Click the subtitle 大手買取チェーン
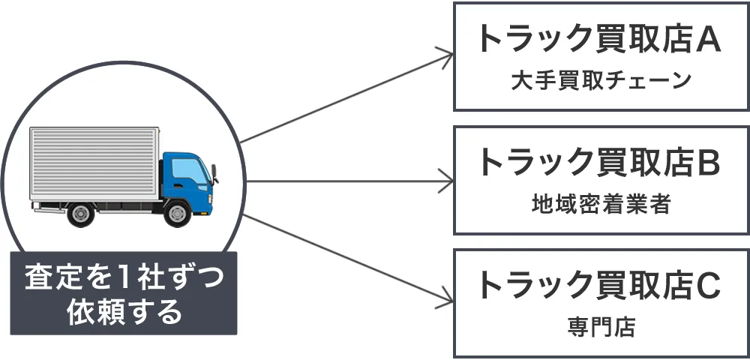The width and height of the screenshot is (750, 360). pos(600,81)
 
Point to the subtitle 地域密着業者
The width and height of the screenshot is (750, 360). pos(600,204)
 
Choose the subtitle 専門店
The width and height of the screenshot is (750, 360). pos(600,328)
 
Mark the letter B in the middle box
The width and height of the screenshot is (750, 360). pos(708,163)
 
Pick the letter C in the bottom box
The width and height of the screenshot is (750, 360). pos(708,286)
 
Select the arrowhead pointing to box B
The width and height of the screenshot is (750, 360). pos(448,181)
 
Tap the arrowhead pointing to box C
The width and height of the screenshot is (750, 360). pos(448,299)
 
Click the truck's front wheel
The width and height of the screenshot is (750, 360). pos(177,214)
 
